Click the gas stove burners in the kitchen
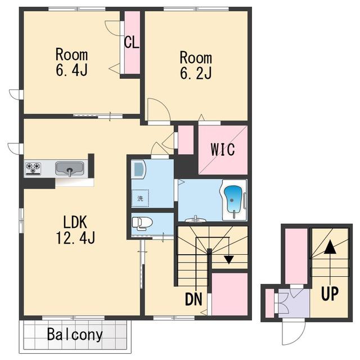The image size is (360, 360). point(33,169)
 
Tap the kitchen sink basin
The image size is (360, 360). point(70,169)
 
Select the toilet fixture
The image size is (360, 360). point(142,224)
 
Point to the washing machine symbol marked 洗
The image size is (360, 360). point(140,198)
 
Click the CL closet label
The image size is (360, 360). point(132,42)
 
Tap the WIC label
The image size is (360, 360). point(223,150)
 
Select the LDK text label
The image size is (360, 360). point(75,222)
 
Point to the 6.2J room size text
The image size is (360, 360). point(196,73)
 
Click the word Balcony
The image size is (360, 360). point(75,335)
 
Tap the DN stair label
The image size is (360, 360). point(193,299)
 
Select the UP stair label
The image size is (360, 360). point(330,294)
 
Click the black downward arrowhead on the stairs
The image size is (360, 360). point(229,260)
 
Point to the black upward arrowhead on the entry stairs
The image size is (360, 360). point(330,247)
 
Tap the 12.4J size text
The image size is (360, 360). point(75,237)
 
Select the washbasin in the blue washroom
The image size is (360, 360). point(138,170)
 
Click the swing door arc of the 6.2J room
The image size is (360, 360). point(159,110)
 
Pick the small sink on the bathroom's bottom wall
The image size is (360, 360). point(195,220)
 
